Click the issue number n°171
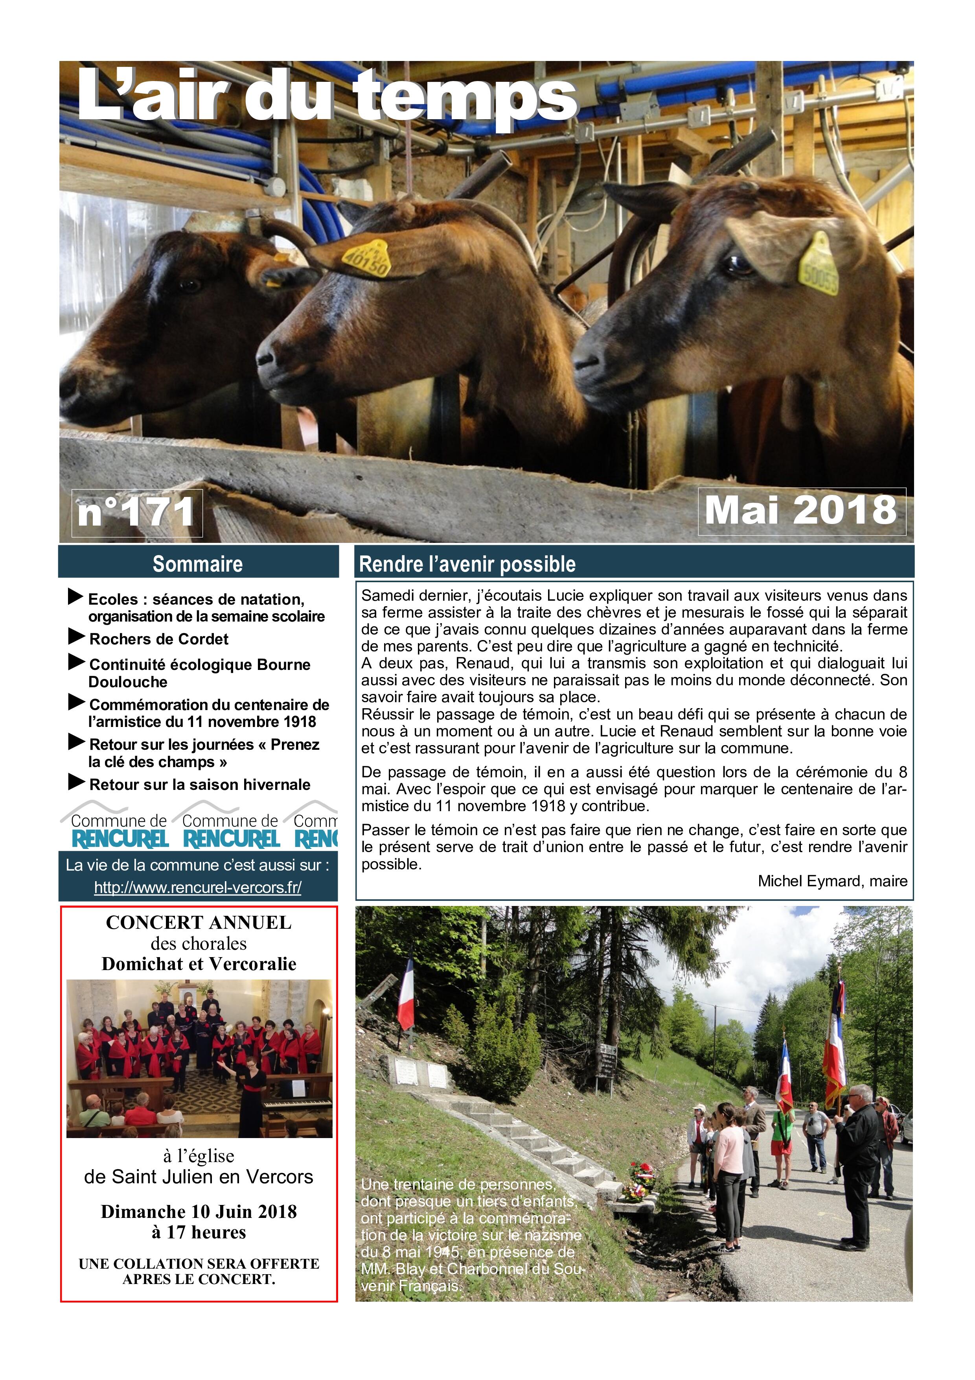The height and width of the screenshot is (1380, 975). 136,512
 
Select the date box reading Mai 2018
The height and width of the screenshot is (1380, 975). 801,511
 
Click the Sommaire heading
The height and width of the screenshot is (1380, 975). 198,564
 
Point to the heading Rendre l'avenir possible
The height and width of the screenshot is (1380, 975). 467,564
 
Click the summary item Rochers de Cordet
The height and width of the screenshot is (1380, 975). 158,639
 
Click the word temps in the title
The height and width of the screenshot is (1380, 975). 465,96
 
